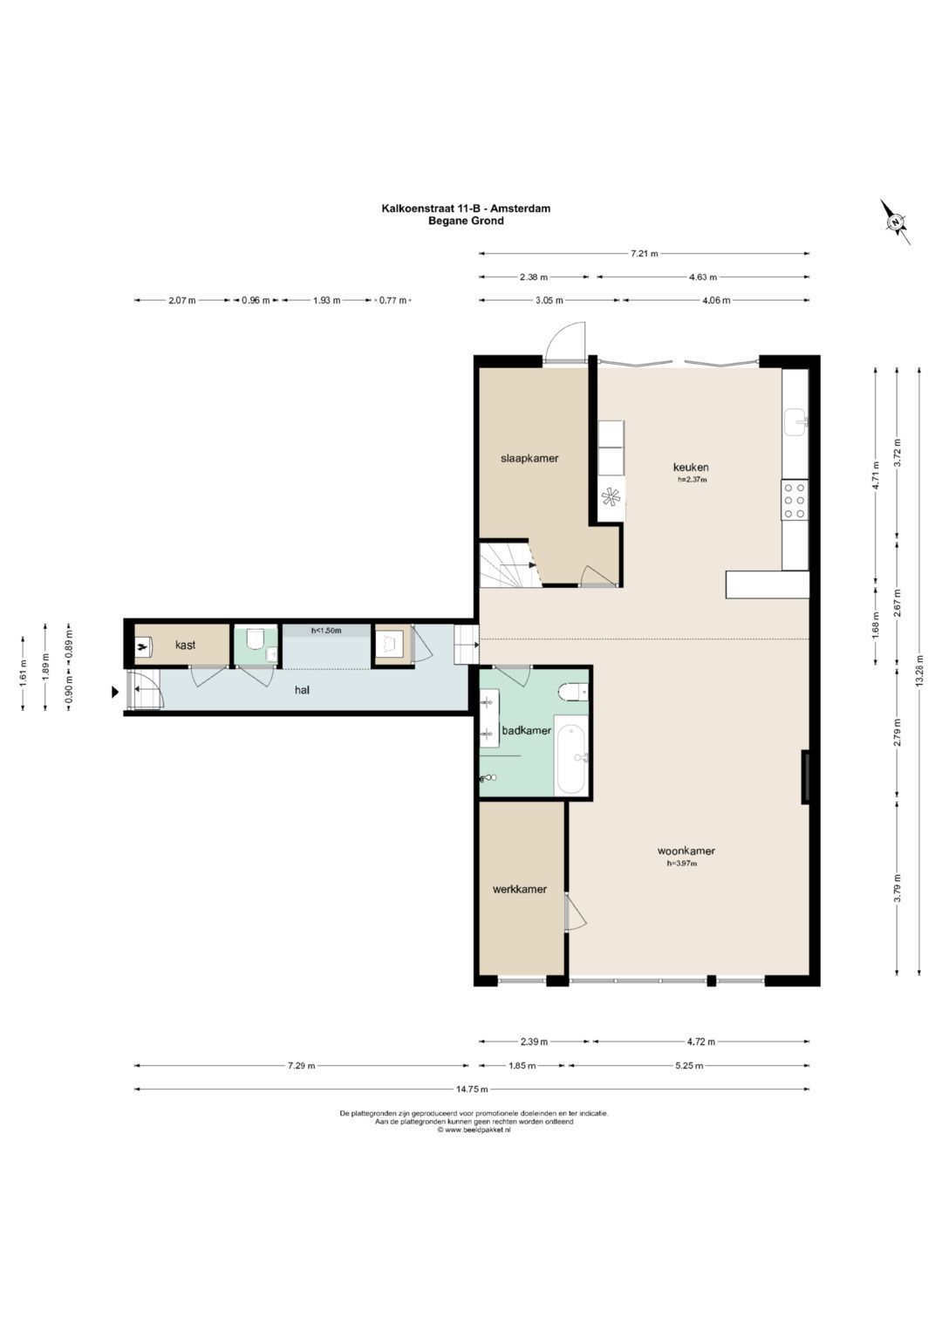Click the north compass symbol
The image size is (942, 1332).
tap(895, 222)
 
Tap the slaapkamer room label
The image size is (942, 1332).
tap(529, 458)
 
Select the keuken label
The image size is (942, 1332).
tap(691, 467)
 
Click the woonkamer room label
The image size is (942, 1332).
tap(686, 850)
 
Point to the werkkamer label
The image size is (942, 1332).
tap(519, 889)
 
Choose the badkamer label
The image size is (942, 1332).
tap(526, 730)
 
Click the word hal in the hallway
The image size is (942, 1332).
tap(302, 690)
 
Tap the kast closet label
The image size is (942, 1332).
tap(185, 645)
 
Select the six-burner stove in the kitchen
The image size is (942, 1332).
tap(795, 500)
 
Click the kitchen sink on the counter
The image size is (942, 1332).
tap(795, 422)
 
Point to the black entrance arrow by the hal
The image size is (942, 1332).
tap(114, 692)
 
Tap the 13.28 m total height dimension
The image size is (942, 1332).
tap(919, 672)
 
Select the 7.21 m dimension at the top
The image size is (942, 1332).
tap(644, 253)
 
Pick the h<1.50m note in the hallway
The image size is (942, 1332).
tap(326, 631)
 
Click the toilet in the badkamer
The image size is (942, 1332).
tap(573, 692)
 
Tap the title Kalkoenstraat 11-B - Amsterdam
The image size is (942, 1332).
tap(466, 208)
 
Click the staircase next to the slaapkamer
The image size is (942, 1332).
tap(509, 564)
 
